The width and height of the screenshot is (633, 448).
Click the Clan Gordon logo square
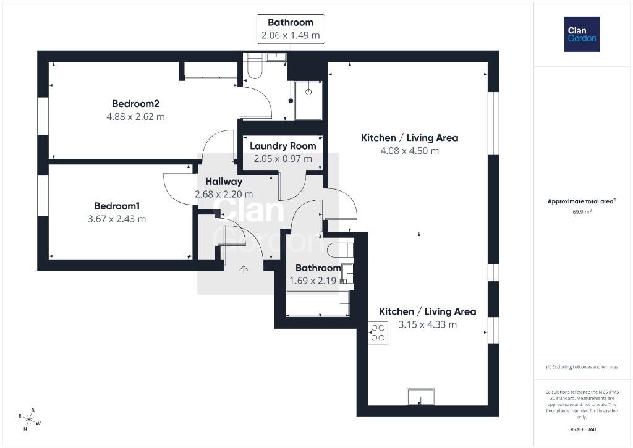[x=582, y=35]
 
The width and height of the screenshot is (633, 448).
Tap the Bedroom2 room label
[x=135, y=104]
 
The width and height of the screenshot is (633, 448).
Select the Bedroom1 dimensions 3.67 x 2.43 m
[x=117, y=219]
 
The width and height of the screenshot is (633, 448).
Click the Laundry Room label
[x=283, y=146]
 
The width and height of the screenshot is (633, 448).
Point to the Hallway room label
[x=224, y=182]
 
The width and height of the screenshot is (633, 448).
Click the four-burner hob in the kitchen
[x=378, y=333]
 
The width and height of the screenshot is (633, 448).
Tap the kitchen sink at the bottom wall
[x=421, y=396]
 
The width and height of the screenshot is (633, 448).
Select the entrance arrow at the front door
[x=244, y=269]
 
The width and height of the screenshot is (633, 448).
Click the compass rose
[x=29, y=420]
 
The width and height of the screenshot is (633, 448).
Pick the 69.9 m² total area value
[x=582, y=212]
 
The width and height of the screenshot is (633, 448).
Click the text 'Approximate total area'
[x=580, y=201]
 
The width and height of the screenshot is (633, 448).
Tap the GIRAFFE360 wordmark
[x=582, y=429]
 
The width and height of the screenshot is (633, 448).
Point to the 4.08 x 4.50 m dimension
[x=409, y=151]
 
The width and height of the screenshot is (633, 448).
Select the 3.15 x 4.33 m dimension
[x=428, y=324]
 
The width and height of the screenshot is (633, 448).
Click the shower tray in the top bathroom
[x=308, y=101]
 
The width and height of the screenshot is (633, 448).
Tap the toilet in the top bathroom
[x=255, y=66]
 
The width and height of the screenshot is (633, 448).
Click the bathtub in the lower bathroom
[x=318, y=303]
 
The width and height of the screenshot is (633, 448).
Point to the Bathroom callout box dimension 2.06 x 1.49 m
[x=291, y=35]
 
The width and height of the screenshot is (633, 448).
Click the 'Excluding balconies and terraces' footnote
[x=582, y=367]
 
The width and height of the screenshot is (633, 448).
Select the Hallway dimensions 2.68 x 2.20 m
[x=224, y=194]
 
